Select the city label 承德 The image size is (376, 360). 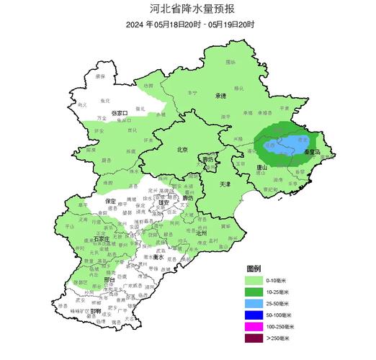(220, 95)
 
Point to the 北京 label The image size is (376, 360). (182, 150)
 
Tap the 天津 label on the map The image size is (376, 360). (224, 184)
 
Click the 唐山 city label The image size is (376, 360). (262, 167)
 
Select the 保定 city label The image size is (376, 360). (110, 202)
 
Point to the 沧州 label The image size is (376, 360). (201, 233)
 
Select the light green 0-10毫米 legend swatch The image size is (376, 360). (254, 279)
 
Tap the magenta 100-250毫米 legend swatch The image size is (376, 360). (254, 326)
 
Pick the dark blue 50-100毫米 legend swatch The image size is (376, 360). (254, 315)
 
